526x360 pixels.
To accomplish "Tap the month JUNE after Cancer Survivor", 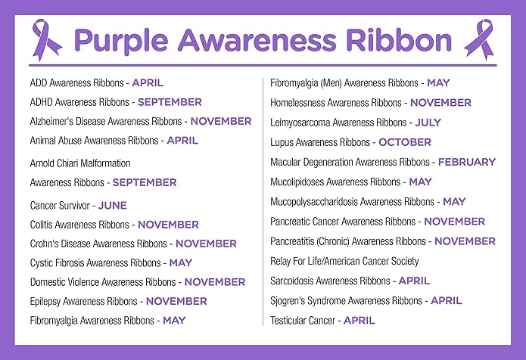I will (113, 205).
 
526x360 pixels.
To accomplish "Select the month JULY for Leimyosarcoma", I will (428, 122).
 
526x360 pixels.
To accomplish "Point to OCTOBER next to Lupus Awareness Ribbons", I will (405, 141).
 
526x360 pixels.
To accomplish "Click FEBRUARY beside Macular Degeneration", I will (467, 162).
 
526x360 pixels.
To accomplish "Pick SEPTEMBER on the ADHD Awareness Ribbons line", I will (170, 101).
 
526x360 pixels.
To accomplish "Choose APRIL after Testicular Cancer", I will (359, 320).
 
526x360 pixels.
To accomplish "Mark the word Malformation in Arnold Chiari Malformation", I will (104, 163).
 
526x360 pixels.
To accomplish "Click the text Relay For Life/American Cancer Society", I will (344, 261).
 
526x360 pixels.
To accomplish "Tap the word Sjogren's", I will (289, 300).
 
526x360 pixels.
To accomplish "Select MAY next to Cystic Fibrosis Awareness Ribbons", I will (181, 263).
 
